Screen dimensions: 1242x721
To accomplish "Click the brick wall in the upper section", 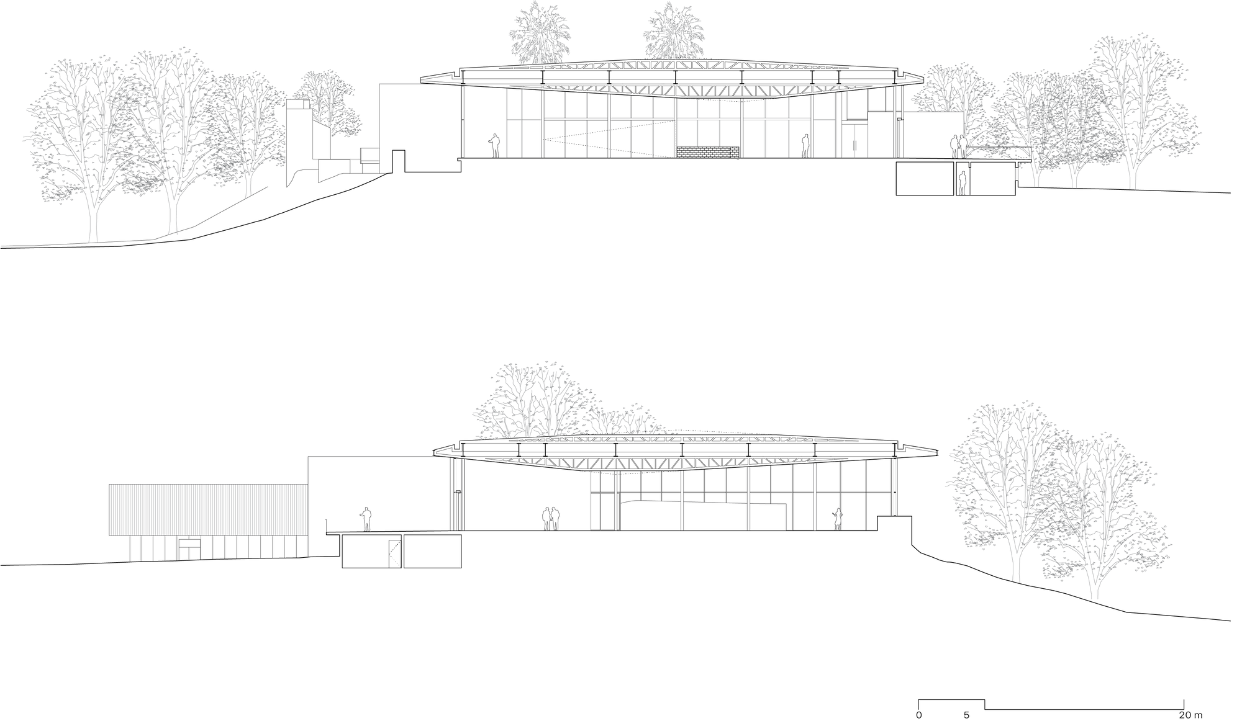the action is [709, 152].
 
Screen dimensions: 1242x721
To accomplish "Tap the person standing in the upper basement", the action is [963, 184].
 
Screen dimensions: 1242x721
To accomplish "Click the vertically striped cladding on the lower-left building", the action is [209, 510].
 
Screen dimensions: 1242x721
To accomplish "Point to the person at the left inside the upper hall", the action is [494, 146].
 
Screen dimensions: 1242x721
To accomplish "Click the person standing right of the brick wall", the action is [805, 146].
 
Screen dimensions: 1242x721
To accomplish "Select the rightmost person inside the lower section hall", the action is [838, 519].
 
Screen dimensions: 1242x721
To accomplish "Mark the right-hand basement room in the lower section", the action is [433, 552].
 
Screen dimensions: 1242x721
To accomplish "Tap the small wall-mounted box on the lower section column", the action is [458, 492].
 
